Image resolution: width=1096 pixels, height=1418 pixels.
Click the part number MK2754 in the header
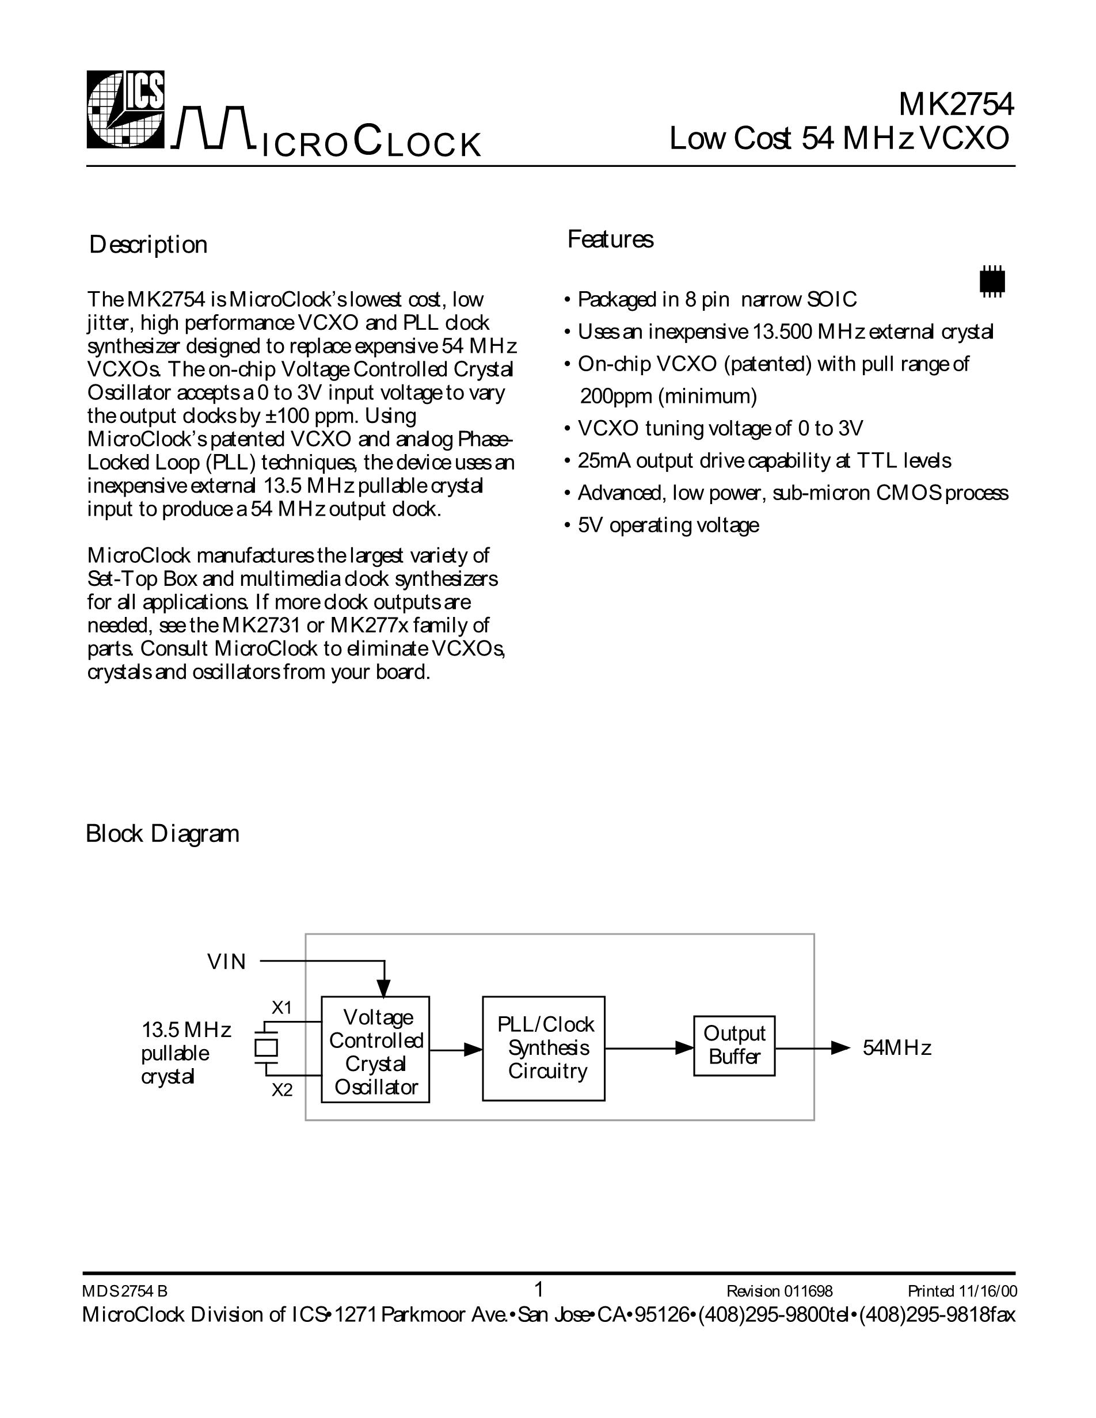coord(955,104)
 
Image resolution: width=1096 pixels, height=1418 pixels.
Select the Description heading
coord(148,245)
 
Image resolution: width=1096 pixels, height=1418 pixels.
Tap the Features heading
coord(610,239)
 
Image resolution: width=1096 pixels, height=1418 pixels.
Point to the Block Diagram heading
coord(162,834)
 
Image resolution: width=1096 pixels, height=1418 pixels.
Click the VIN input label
coord(227,962)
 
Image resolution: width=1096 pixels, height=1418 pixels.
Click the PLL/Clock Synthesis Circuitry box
coord(543,1048)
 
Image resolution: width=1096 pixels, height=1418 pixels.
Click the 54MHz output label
coord(897,1048)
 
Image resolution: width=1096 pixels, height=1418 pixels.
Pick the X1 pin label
coord(282,1008)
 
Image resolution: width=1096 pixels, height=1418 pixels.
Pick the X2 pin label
coord(282,1090)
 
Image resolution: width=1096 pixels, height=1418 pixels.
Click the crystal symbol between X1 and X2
coord(265,1048)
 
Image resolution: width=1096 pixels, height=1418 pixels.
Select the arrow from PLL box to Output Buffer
coord(649,1048)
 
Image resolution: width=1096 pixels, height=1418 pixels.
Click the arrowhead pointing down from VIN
coord(385,988)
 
